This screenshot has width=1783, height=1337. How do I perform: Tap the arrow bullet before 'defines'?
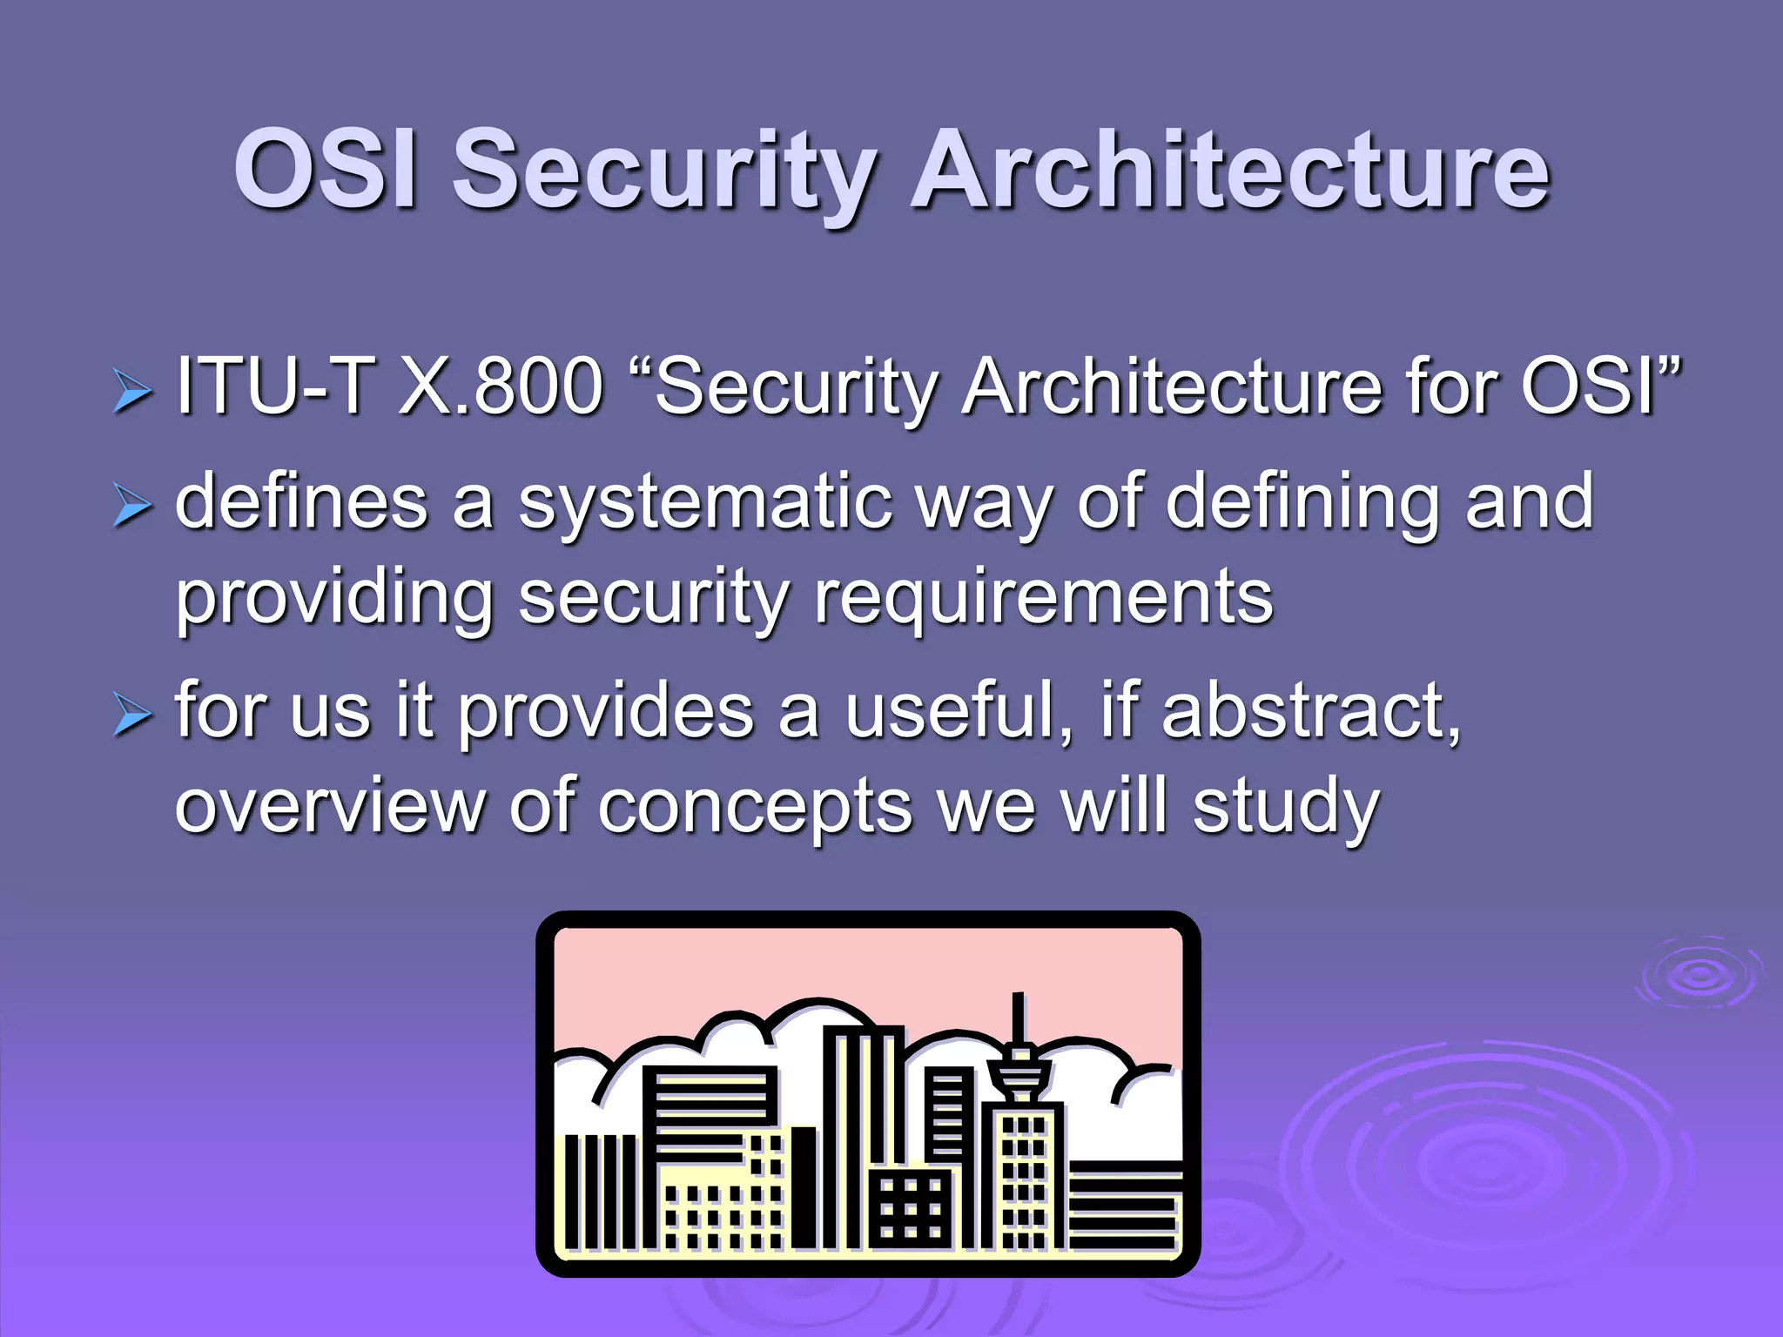point(132,507)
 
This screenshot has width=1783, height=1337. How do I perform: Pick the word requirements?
point(1043,599)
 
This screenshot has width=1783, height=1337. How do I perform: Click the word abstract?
point(1310,710)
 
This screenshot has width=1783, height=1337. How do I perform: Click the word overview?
point(330,806)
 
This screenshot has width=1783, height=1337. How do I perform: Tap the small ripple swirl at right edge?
point(1699,974)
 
